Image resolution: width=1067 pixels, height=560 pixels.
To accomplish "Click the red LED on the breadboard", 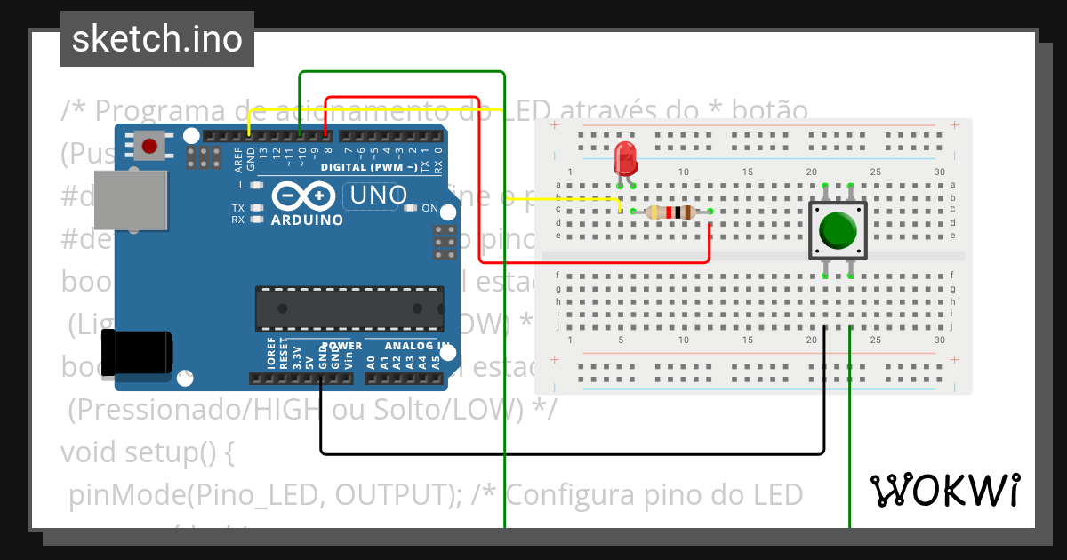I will (626, 158).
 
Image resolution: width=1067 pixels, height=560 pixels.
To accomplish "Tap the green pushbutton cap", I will (838, 230).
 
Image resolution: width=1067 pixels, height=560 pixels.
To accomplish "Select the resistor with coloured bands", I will (671, 212).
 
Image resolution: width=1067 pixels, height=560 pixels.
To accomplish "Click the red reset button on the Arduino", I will (149, 144).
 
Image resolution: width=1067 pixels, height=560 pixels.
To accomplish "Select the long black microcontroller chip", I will (349, 308).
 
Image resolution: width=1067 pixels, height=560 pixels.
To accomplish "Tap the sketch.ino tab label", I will (156, 39).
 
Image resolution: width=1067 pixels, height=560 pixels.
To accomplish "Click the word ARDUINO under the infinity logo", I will (307, 220).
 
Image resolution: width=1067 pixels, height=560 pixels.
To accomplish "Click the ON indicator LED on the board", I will (410, 208).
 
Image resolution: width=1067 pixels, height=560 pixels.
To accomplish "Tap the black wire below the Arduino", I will (569, 454).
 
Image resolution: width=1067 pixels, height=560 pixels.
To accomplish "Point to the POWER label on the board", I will (341, 345).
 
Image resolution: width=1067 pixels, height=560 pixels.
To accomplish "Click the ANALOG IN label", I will (417, 345).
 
